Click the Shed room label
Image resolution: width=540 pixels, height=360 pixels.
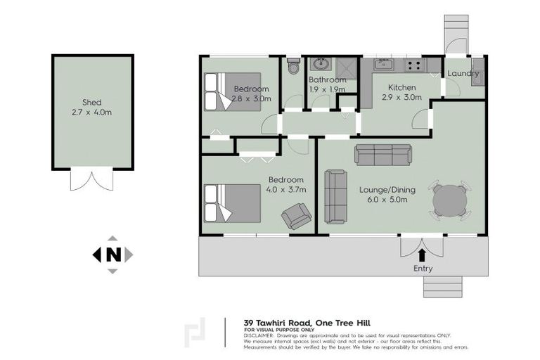[x=92, y=103]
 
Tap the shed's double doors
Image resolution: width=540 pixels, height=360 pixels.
[x=91, y=179]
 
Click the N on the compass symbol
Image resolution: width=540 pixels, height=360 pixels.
[x=112, y=255]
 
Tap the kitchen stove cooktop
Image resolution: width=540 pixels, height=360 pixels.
[x=413, y=66]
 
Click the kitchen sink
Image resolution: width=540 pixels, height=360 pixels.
[x=384, y=65]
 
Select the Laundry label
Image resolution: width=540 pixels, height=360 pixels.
[x=463, y=73]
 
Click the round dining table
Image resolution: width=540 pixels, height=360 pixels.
[x=449, y=200]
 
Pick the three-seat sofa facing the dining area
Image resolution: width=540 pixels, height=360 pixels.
[x=382, y=155]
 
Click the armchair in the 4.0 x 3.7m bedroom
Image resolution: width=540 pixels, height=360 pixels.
[x=297, y=216]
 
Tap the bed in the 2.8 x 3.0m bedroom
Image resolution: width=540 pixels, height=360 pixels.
[x=231, y=91]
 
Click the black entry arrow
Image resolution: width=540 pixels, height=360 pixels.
[x=422, y=254]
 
